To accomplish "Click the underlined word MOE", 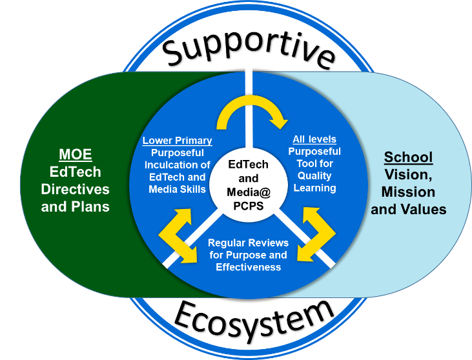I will pyautogui.click(x=76, y=155).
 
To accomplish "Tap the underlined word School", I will pyautogui.click(x=408, y=157).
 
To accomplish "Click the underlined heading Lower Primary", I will pyautogui.click(x=177, y=141).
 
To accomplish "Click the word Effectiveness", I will pyautogui.click(x=249, y=267).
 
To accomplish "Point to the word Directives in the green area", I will pyautogui.click(x=76, y=190).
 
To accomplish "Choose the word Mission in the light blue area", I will pyautogui.click(x=408, y=192).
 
